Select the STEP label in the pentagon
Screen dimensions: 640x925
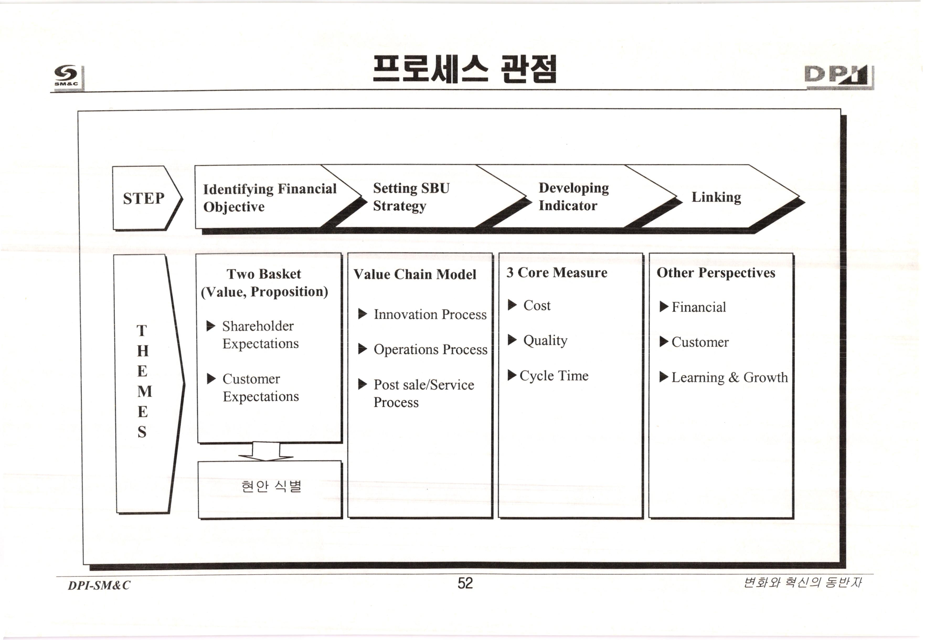coord(143,198)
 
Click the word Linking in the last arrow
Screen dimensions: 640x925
coord(716,197)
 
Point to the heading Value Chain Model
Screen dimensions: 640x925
coord(415,274)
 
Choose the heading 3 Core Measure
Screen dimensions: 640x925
coord(557,273)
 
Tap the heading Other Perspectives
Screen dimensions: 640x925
coord(716,273)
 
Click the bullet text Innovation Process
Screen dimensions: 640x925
coord(430,314)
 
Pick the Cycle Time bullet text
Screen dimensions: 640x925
coord(554,376)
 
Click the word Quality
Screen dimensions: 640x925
coord(545,340)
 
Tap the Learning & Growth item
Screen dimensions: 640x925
coord(729,377)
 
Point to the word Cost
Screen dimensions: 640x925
coord(537,305)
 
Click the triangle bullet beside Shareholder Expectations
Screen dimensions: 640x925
coord(211,326)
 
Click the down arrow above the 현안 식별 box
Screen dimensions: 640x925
coord(266,452)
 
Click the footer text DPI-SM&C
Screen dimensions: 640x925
coord(99,585)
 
